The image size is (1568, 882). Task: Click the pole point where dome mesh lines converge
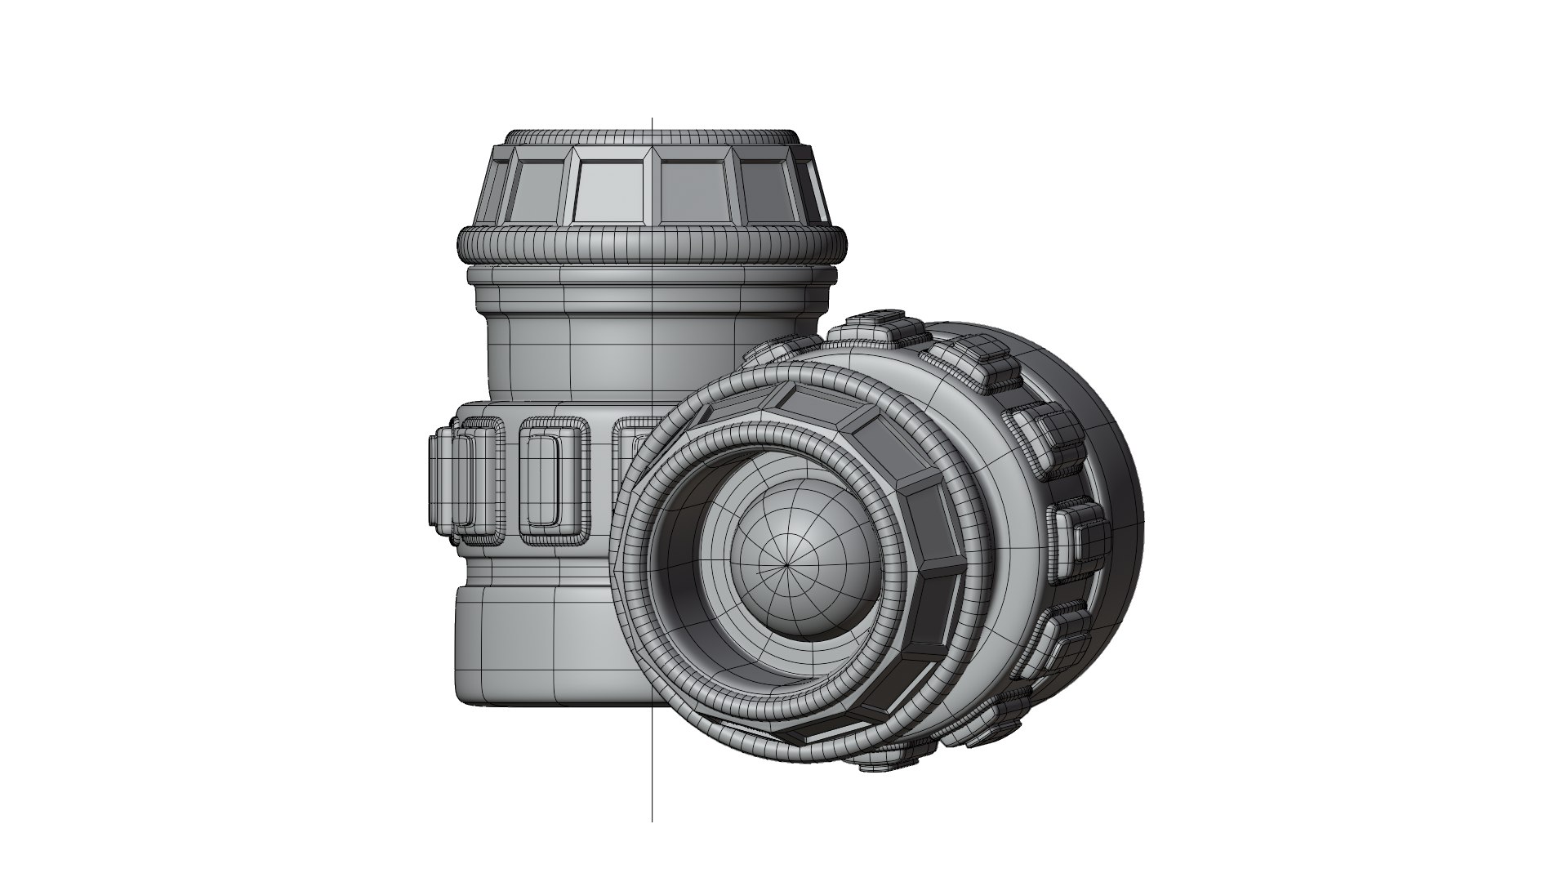point(788,563)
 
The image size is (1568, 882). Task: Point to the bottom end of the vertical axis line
point(652,819)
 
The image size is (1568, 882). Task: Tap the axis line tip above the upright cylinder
point(652,120)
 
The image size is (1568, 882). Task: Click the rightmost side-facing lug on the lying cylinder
point(1078,535)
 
